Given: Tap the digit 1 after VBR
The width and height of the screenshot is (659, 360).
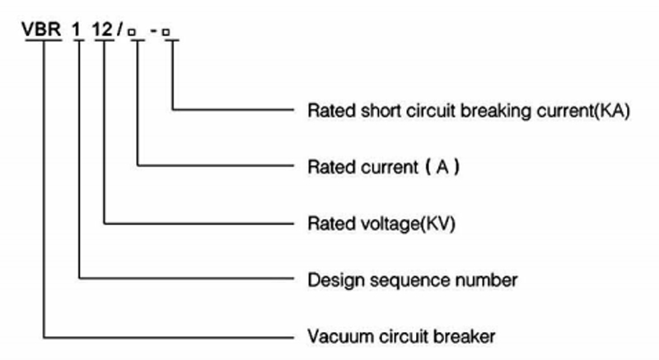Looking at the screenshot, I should coord(79,30).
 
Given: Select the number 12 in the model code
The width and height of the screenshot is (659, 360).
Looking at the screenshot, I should coord(105,30).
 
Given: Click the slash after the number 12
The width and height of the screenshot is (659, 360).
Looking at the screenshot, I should coord(121,30).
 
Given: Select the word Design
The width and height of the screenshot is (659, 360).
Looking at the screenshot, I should coord(331,280).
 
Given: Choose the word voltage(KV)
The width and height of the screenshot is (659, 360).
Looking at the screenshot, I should coord(406,223).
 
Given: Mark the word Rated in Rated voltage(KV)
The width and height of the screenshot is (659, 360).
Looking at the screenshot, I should coord(328,223).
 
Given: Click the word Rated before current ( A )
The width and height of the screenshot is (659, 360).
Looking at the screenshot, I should coord(328,166).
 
